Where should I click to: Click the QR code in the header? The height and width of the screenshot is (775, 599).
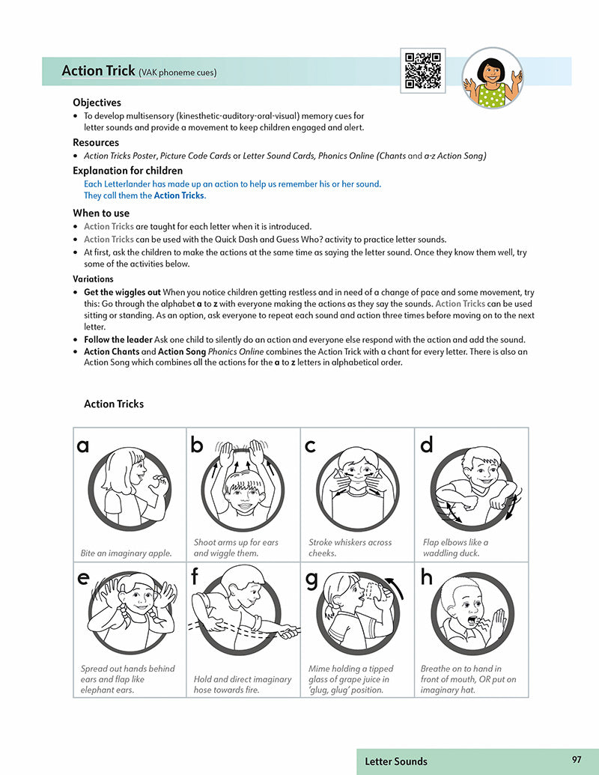pos(422,70)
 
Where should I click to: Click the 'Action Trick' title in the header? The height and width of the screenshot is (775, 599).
pos(97,71)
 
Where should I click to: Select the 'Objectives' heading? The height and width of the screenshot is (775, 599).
pos(97,103)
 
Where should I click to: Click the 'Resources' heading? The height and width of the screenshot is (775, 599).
pos(96,142)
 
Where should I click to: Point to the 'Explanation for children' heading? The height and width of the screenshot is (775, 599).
pos(127,171)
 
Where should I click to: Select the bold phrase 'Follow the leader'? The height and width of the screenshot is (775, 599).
pos(118,339)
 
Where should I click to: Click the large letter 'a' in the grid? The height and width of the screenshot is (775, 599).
pos(83,446)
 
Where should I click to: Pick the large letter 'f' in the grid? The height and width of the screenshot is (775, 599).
pos(195,577)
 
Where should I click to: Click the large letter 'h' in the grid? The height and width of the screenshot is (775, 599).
pos(427,578)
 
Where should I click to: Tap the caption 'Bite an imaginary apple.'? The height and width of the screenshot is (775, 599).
pos(126,553)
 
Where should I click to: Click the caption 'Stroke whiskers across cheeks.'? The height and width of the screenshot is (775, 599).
pos(350,547)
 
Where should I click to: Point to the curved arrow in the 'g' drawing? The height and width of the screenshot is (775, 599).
pos(395,588)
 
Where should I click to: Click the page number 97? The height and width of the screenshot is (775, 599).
pos(576,759)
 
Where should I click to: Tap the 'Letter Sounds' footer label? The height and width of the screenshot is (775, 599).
pos(396,762)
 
